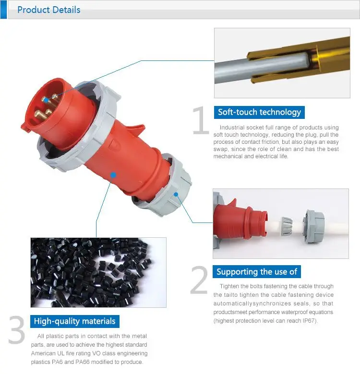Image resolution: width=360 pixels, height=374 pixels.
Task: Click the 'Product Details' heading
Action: point(48,10)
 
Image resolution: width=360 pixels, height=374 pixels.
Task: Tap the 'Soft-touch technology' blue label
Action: point(259,112)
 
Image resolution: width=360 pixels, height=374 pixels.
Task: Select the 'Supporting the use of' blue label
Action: point(257,272)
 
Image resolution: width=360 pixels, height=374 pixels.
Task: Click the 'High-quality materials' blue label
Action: point(74,321)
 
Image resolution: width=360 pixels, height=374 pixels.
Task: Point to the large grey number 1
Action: point(200,121)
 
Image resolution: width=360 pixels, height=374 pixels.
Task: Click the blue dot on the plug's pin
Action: point(45,99)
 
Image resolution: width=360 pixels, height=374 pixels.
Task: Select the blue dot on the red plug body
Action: point(113,175)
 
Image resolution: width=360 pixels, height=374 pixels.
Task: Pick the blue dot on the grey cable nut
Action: point(176,195)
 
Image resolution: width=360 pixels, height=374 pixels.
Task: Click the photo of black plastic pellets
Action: point(98,272)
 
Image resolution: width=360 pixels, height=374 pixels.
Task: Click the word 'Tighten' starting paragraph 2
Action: point(226,286)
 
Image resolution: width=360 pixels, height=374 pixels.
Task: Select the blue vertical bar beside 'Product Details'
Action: point(3,10)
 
